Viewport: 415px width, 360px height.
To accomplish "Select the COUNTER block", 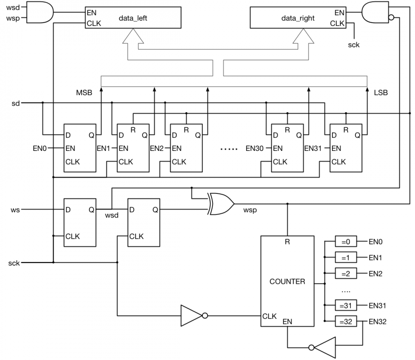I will pyautogui.click(x=287, y=281).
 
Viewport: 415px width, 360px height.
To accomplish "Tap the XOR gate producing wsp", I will pyautogui.click(x=220, y=204).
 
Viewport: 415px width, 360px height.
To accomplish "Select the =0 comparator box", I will pyautogui.click(x=345, y=241).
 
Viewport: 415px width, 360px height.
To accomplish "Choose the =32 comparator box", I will pyautogui.click(x=345, y=322).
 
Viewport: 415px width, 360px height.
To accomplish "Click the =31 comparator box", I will pyautogui.click(x=345, y=306).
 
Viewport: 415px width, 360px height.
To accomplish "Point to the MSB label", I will pyautogui.click(x=84, y=93).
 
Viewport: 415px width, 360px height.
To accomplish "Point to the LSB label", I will pyautogui.click(x=381, y=93).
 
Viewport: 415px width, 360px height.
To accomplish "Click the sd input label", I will pyautogui.click(x=16, y=103).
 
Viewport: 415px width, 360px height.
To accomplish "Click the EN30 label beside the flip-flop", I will pyautogui.click(x=254, y=149).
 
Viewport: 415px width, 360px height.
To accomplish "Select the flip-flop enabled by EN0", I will pyautogui.click(x=80, y=149).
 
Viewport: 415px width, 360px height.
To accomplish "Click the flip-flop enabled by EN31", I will pyautogui.click(x=346, y=149).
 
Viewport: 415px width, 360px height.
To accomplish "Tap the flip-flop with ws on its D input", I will pyautogui.click(x=80, y=222).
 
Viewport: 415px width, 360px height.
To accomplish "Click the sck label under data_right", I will pyautogui.click(x=354, y=45).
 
